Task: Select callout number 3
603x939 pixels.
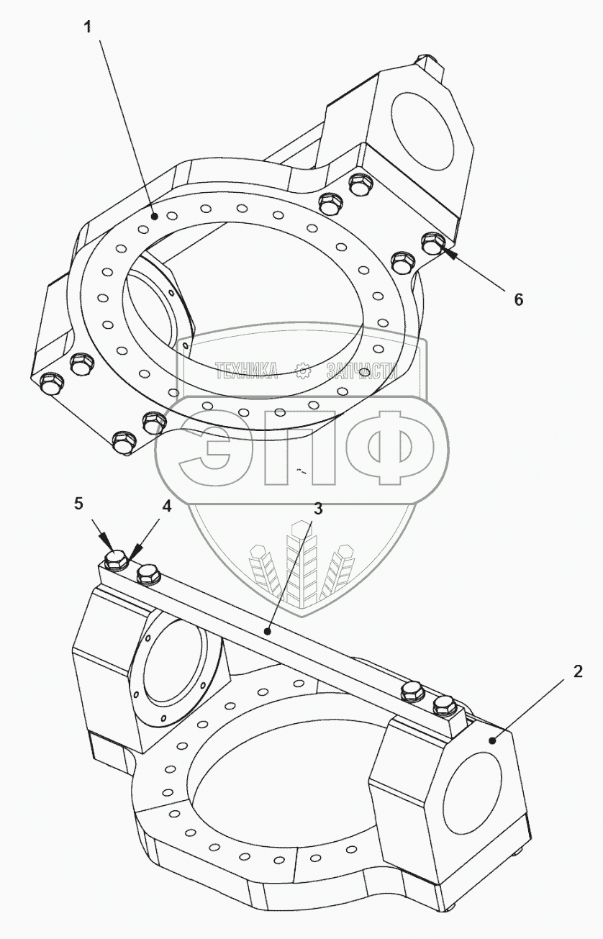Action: (x=318, y=509)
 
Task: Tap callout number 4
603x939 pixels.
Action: (x=166, y=507)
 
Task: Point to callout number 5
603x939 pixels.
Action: (x=79, y=504)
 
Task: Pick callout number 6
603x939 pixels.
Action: (x=519, y=300)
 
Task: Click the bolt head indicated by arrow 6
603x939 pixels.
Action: (x=431, y=243)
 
